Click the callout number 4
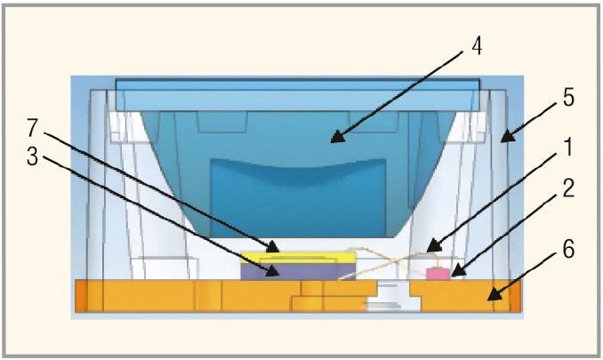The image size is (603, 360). coord(477,47)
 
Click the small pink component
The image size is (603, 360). coord(438,274)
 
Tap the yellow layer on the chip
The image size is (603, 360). coord(299,257)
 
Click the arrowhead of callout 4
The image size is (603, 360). coord(337,137)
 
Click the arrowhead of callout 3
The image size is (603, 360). coord(273,271)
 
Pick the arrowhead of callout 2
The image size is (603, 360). coord(457,271)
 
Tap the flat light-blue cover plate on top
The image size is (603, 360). coord(298,95)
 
